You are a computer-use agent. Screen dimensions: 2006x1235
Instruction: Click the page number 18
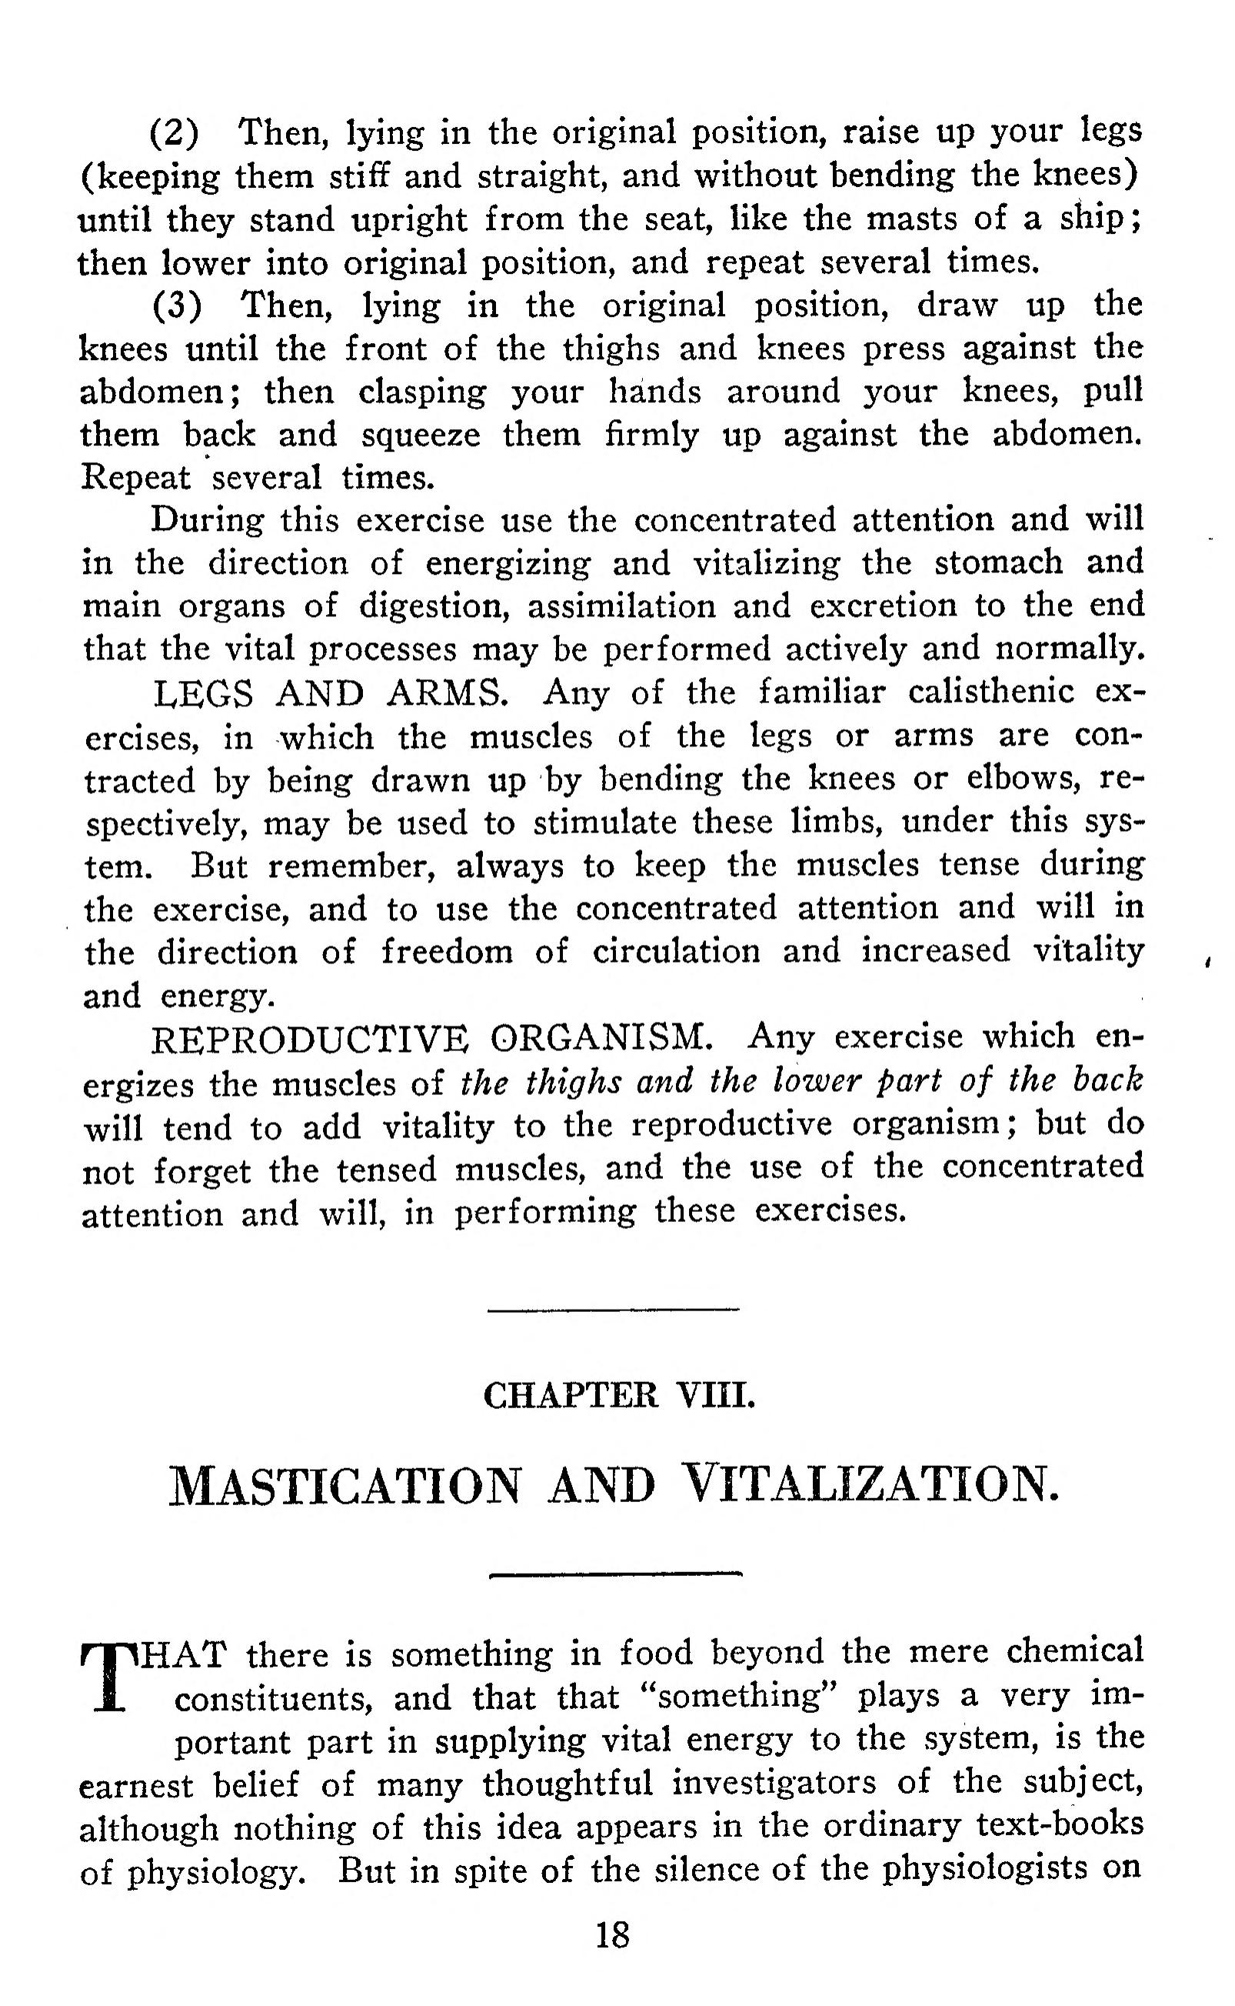[613, 1936]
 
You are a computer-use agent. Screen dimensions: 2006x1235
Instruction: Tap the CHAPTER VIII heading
[618, 1395]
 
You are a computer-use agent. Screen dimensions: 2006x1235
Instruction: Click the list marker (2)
[175, 133]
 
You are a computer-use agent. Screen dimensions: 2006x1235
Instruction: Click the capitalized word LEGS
[203, 694]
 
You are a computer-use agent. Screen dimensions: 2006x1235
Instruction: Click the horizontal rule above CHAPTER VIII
[613, 1310]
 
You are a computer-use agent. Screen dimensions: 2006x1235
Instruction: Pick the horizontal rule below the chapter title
[614, 1573]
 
